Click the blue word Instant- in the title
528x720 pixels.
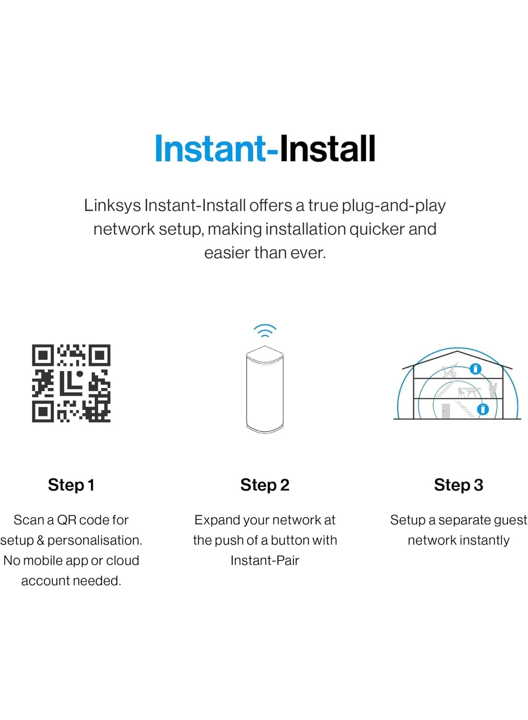point(217,149)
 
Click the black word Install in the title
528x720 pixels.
point(327,149)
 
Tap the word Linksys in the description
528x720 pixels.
point(112,206)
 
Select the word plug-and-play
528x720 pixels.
point(394,206)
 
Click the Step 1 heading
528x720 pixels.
point(71,485)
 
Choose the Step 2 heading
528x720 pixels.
point(265,485)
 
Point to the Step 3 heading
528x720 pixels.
point(459,485)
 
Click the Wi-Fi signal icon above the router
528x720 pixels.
point(265,330)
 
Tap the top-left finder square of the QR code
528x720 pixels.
point(43,355)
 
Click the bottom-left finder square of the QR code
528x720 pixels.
point(43,411)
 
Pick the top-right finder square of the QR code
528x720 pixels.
point(100,355)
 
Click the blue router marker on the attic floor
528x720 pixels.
point(476,369)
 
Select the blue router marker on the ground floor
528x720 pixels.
point(483,409)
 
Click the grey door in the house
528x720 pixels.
point(446,411)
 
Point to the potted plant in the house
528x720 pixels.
point(493,389)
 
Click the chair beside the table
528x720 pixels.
point(461,393)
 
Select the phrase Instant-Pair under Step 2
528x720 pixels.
point(265,561)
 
